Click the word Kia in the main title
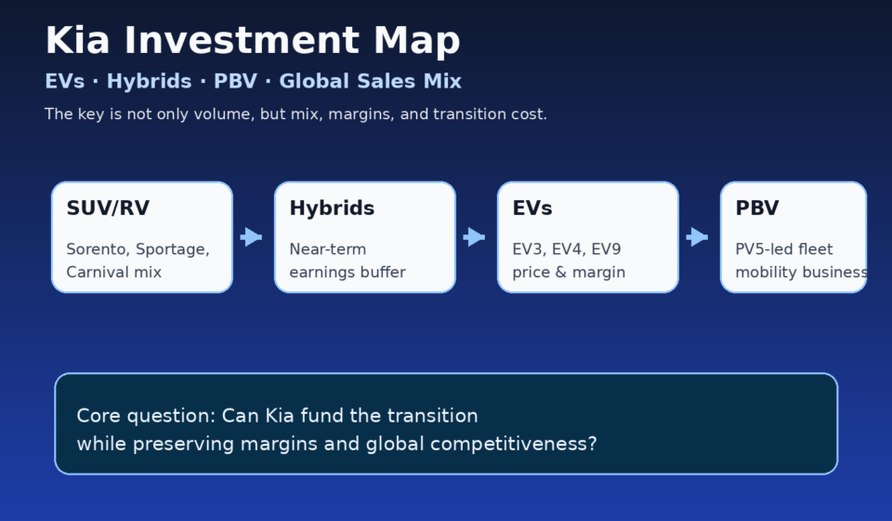point(77,40)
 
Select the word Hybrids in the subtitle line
point(149,82)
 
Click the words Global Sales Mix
point(371,82)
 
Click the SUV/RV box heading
point(108,208)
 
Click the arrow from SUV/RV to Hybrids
point(252,237)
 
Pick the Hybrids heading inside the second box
point(333,208)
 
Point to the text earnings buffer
point(348,273)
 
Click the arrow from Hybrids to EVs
point(475,237)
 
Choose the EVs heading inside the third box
point(532,208)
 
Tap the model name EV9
point(607,249)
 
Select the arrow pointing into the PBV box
point(698,237)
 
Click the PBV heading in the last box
point(757,208)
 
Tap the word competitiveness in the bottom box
point(514,444)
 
